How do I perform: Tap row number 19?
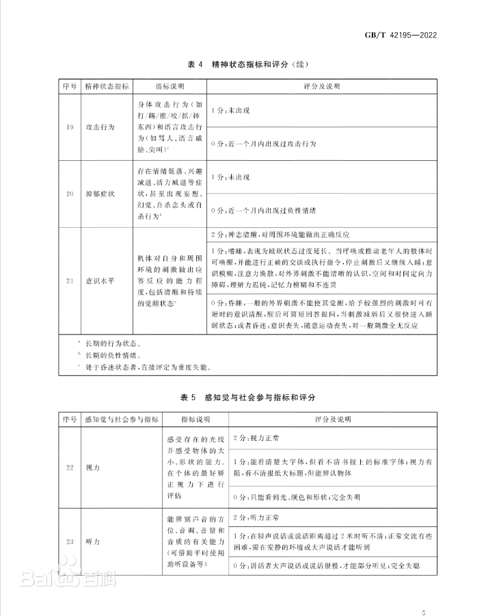pos(70,127)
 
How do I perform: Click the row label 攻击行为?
pos(98,127)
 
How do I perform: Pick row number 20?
pos(70,194)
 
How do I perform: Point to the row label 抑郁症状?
pos(98,194)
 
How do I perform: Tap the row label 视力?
pos(92,466)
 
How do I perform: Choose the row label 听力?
pos(92,541)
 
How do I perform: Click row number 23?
pos(70,541)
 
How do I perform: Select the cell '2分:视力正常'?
pos(257,436)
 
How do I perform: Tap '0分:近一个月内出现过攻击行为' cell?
pos(264,144)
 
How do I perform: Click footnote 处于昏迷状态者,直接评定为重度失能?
pos(147,366)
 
